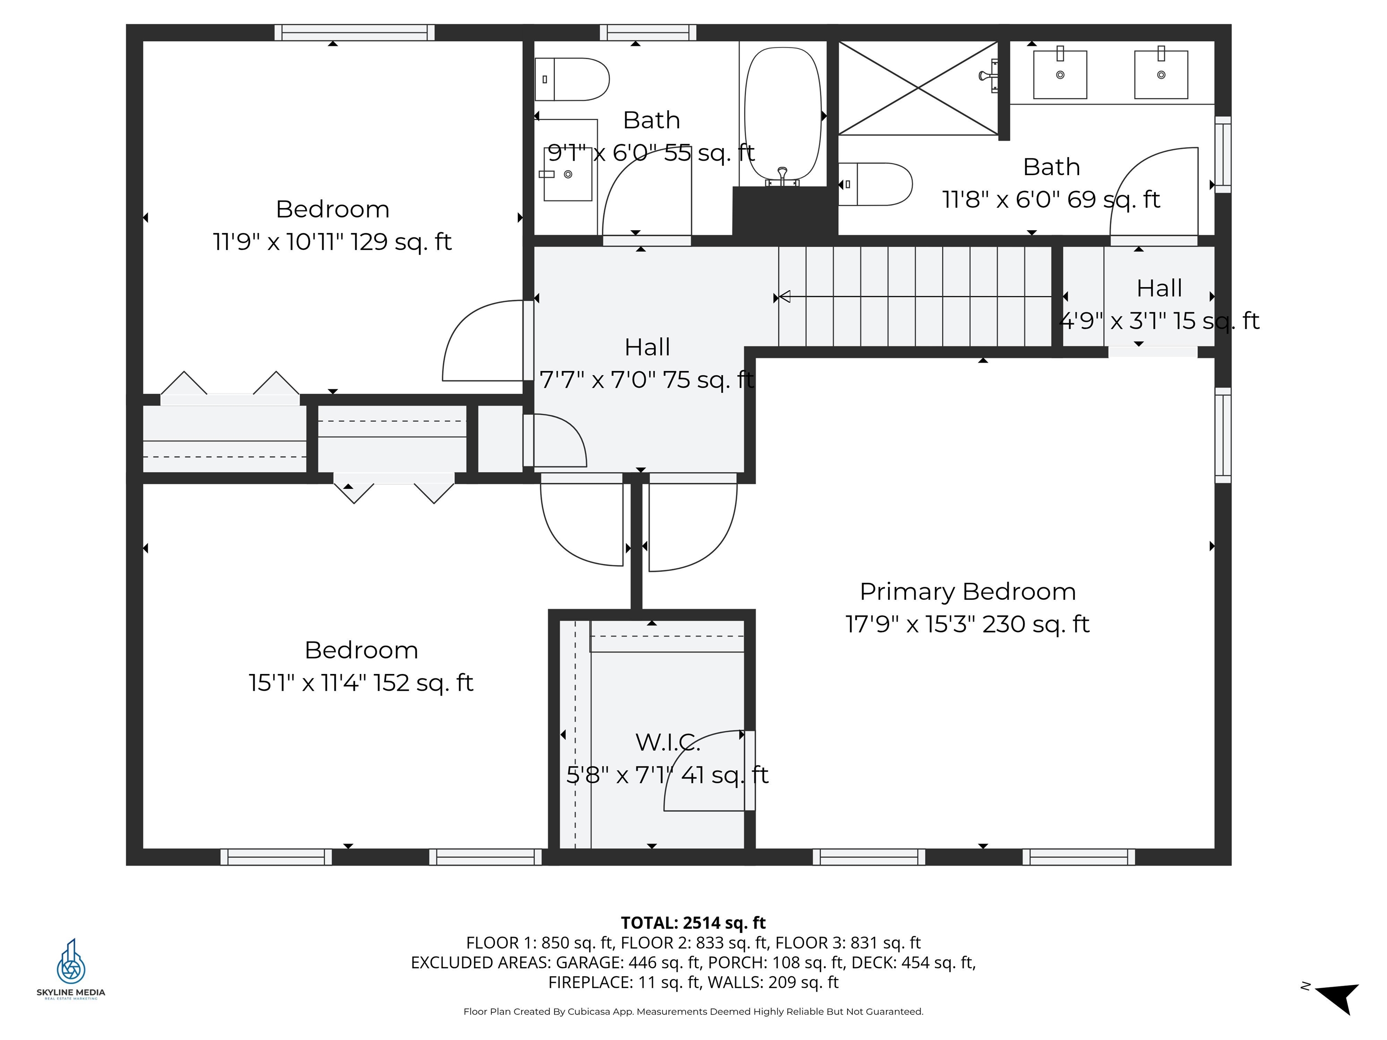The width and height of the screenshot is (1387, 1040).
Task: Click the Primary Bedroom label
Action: click(967, 592)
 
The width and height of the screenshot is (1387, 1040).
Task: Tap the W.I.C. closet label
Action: click(667, 742)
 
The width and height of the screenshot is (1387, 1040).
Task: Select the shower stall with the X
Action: click(918, 88)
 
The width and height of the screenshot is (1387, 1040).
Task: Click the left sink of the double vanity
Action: click(1060, 74)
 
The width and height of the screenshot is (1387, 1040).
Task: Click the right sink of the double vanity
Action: click(1161, 74)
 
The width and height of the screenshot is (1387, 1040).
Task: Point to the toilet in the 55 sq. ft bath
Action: click(572, 79)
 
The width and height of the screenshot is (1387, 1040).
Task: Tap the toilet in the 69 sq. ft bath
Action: click(875, 184)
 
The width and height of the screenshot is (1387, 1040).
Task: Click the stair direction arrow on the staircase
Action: click(784, 297)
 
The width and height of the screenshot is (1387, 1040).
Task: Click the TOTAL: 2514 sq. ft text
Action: click(693, 923)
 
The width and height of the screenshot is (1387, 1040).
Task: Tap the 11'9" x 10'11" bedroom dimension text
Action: click(332, 242)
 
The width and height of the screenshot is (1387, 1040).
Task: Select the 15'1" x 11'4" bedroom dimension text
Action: click(361, 682)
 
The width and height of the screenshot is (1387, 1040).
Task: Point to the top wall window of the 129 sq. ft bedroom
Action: click(354, 32)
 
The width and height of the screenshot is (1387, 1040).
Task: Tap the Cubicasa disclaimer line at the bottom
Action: click(693, 1011)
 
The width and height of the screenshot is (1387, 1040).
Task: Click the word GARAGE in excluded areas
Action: click(589, 962)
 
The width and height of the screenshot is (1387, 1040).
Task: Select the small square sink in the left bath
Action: click(568, 174)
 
